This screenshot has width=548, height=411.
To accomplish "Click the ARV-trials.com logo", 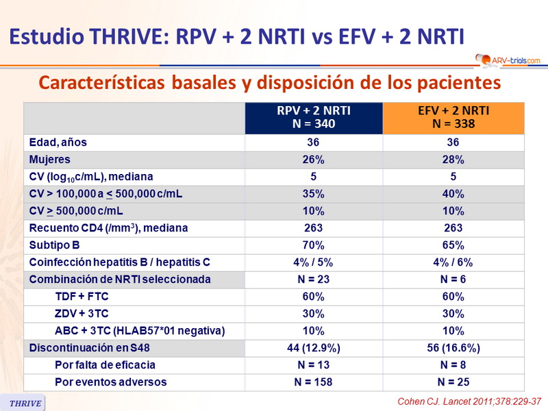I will coord(506,60).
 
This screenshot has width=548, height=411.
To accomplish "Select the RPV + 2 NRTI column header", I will coord(313,118).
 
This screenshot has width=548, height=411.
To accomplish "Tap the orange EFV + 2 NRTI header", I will coord(453,118).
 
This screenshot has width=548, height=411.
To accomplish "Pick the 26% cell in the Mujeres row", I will coord(313,160).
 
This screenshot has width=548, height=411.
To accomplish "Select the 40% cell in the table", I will coord(453,194).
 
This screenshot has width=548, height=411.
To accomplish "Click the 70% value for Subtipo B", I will coord(313,245).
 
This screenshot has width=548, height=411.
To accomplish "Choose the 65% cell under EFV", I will coord(453,245).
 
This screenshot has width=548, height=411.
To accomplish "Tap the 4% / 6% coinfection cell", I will coord(453,262).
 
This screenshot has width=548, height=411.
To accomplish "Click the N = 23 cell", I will coord(313,279).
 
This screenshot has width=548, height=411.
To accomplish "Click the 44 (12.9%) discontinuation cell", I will coord(313,348).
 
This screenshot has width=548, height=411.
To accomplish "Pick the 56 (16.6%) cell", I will coord(453,348).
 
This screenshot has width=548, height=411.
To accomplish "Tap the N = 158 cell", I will coord(313,382).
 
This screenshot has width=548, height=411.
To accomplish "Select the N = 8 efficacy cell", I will coord(453,365).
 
